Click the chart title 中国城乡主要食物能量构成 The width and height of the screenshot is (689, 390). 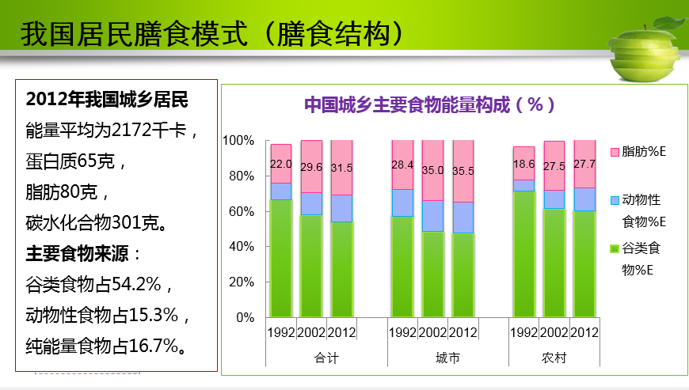(x=430, y=104)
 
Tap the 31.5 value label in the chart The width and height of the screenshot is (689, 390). (x=341, y=167)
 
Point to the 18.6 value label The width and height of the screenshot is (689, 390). (x=523, y=164)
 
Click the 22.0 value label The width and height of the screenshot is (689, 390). (x=281, y=164)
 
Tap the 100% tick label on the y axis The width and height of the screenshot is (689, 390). (x=238, y=141)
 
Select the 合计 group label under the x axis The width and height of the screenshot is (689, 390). (x=326, y=358)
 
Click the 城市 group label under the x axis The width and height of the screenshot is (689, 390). (x=447, y=358)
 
